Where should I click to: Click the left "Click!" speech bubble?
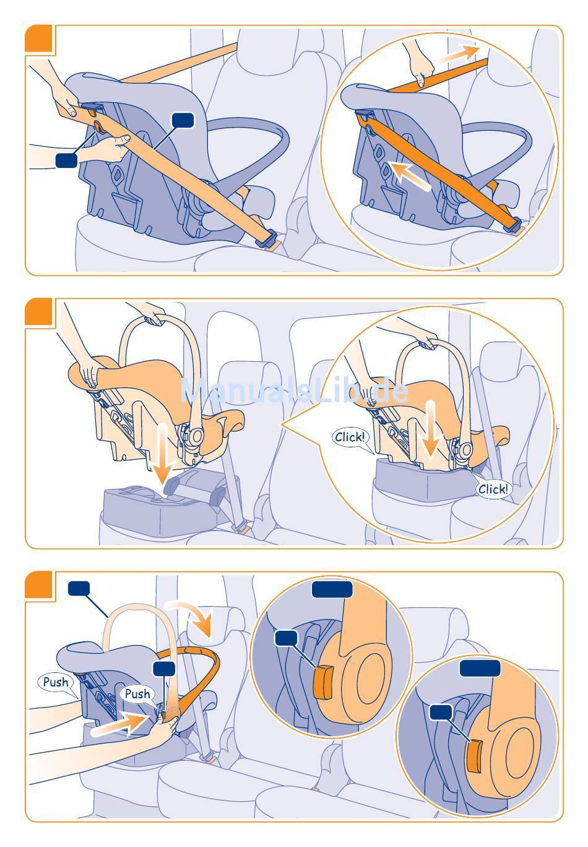pos(350,437)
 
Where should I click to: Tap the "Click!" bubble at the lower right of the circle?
pos(493,489)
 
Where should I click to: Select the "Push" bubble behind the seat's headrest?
pos(56,682)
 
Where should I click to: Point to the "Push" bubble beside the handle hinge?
pos(137,694)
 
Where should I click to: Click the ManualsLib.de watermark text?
pos(294,391)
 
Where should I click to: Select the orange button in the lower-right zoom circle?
pos(473,757)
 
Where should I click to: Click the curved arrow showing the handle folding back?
pos(197,617)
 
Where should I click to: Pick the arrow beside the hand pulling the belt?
pos(457,53)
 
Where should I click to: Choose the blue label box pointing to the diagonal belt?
pos(183,120)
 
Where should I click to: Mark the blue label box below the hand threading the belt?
pos(66,160)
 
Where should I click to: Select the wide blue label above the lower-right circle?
pos(480,668)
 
